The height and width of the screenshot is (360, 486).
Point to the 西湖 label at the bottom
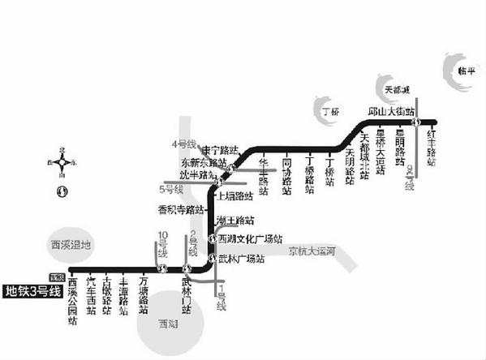click(x=169, y=322)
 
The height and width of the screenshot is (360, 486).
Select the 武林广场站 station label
click(x=243, y=259)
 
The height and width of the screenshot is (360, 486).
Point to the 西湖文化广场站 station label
click(x=249, y=238)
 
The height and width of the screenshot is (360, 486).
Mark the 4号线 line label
click(x=183, y=144)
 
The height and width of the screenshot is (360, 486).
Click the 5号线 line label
click(x=171, y=190)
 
